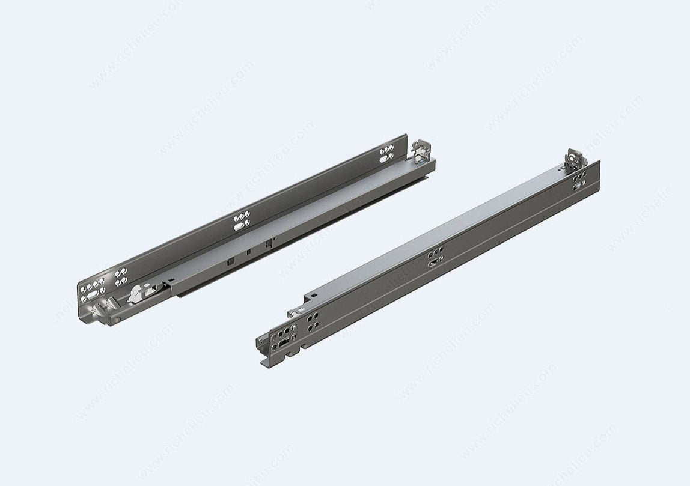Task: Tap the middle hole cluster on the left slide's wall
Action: [x=242, y=221]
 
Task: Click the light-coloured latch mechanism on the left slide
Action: [x=138, y=294]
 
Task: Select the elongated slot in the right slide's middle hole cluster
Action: [x=433, y=263]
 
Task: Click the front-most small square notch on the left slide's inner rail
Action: [x=230, y=262]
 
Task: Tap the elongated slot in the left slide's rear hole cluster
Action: [x=385, y=157]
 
